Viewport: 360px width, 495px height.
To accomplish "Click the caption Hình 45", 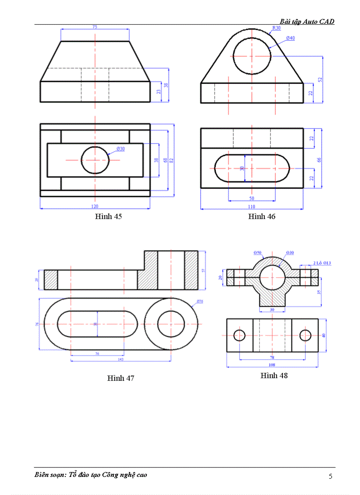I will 108,216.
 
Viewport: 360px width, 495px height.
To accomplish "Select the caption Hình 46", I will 262,216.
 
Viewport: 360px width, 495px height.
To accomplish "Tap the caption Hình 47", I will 120,378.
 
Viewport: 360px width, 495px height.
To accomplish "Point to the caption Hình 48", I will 274,376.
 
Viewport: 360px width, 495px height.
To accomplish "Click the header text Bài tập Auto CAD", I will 307,21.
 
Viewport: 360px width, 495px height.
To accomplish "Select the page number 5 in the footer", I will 330,476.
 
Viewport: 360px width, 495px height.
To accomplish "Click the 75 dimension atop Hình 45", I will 95,27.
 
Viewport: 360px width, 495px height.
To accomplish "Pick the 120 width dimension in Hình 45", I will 95,206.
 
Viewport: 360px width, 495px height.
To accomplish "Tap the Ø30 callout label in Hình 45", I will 120,149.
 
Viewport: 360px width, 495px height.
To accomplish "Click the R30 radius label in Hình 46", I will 276,28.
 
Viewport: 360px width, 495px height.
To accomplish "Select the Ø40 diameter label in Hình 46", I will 290,38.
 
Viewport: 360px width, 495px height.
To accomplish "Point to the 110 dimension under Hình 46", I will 252,206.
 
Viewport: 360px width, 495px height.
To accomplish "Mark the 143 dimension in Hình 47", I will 120,359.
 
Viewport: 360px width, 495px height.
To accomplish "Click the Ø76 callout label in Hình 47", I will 199,301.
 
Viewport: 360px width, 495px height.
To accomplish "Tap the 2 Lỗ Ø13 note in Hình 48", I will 322,263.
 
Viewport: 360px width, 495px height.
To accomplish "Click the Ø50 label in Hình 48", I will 258,253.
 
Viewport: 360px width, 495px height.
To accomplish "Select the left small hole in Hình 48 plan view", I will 239,335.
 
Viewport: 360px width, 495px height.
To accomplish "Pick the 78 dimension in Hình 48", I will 272,357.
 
